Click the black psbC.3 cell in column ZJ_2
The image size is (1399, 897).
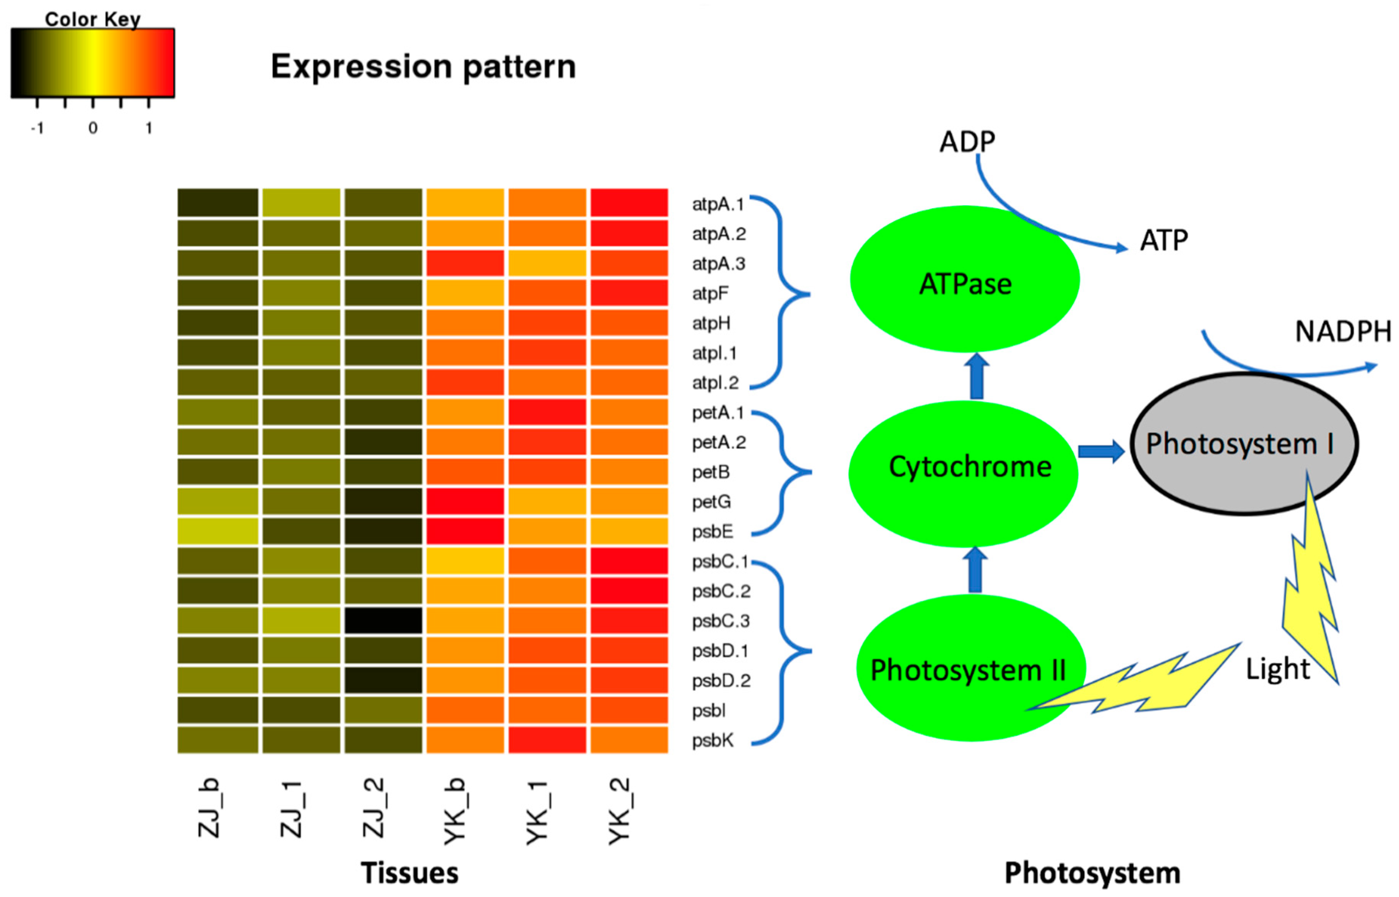pos(383,620)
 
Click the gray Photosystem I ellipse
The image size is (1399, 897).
pos(1244,444)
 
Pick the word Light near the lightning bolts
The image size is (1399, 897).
pos(1277,669)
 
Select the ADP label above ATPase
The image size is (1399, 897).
pos(967,142)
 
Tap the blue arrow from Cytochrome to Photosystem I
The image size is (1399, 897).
pos(1100,451)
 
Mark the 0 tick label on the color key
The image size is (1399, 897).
pos(92,128)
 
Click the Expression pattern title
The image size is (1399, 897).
pos(423,66)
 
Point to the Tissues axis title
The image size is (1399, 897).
pos(409,872)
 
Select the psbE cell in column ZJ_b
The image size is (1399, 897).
pos(218,531)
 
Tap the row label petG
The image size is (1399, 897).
pos(711,502)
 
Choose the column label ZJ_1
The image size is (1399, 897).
pos(291,810)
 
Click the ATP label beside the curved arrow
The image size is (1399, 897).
pos(1163,240)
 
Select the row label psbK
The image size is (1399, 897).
pos(712,740)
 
